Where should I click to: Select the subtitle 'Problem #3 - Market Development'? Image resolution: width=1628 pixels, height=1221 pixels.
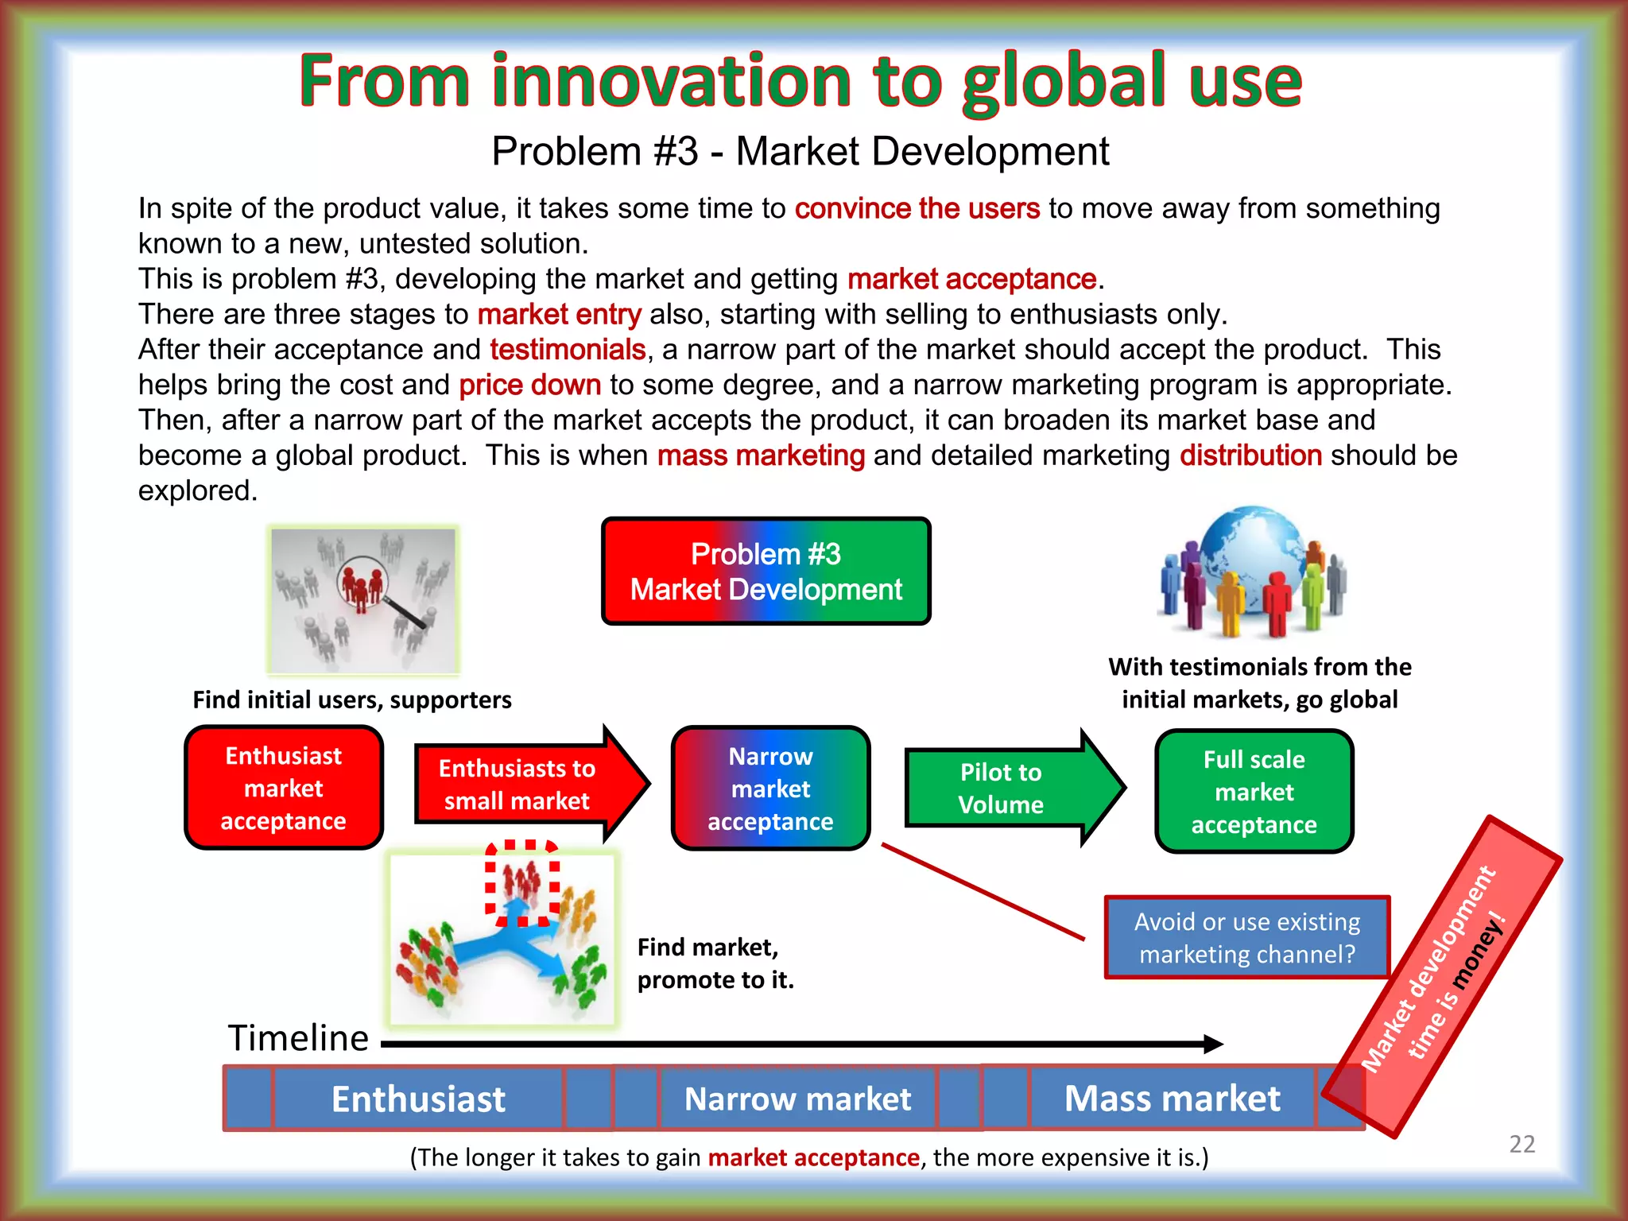(800, 151)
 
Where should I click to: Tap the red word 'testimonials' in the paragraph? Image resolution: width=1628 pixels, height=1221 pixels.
(568, 350)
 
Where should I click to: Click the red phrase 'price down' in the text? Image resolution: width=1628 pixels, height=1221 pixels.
(529, 385)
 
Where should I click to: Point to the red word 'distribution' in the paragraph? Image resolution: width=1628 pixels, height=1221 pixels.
(1250, 455)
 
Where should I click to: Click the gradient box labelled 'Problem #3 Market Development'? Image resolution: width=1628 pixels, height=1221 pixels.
(766, 572)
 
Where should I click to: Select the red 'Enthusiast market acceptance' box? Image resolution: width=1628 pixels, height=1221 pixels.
(284, 788)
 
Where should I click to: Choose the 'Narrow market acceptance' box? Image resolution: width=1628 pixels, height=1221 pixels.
(770, 789)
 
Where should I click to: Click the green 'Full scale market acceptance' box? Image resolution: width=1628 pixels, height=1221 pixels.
(1254, 792)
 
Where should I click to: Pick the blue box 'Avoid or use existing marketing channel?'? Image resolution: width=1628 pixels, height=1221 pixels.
(1246, 937)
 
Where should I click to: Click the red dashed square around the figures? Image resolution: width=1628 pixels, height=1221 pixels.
(522, 882)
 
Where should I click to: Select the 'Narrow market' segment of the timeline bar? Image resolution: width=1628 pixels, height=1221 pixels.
(797, 1099)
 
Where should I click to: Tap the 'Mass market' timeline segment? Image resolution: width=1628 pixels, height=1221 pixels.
(1172, 1099)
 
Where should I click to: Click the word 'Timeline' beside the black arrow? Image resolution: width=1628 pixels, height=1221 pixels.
(298, 1038)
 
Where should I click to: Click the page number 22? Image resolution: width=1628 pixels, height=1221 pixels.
(1521, 1144)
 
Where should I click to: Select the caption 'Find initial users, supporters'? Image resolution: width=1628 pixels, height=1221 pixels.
(352, 700)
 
